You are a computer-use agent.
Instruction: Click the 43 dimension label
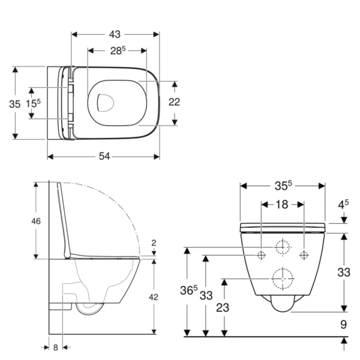tap(115, 34)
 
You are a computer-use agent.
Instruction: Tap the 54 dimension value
tap(104, 157)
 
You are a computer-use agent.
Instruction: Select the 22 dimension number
tap(174, 102)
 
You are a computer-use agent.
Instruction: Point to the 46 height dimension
tap(36, 221)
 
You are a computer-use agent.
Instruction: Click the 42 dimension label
tap(154, 297)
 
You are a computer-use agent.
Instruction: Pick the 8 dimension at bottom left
tap(56, 347)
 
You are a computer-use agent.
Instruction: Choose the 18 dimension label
tap(282, 205)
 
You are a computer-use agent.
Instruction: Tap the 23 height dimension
tap(223, 308)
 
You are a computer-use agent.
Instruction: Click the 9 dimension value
tap(343, 325)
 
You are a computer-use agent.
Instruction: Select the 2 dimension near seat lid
tap(154, 242)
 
